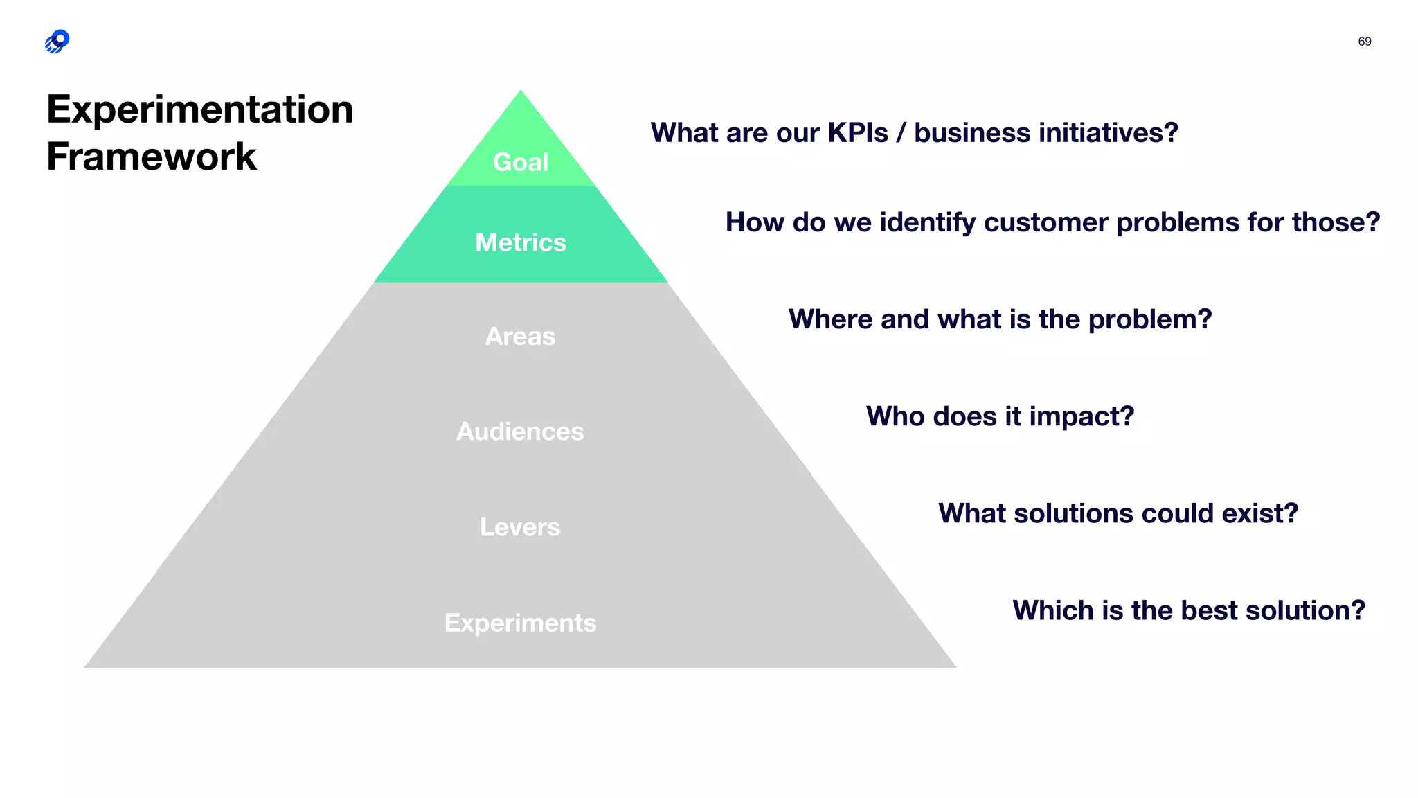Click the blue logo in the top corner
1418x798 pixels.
tap(57, 42)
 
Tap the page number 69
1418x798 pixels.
tap(1364, 42)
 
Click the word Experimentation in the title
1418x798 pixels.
tap(200, 109)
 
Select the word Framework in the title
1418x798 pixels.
tap(152, 157)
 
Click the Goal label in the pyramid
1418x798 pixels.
tap(521, 162)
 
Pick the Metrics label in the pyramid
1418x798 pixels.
tap(521, 242)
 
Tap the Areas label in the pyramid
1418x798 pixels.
tap(520, 337)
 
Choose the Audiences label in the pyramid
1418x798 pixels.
tap(520, 432)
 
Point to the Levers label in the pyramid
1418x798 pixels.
tap(520, 527)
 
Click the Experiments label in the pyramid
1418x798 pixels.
tap(520, 623)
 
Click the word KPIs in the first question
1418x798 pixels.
tap(858, 133)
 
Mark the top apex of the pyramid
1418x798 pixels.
tap(521, 91)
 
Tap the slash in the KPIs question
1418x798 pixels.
tap(901, 133)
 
